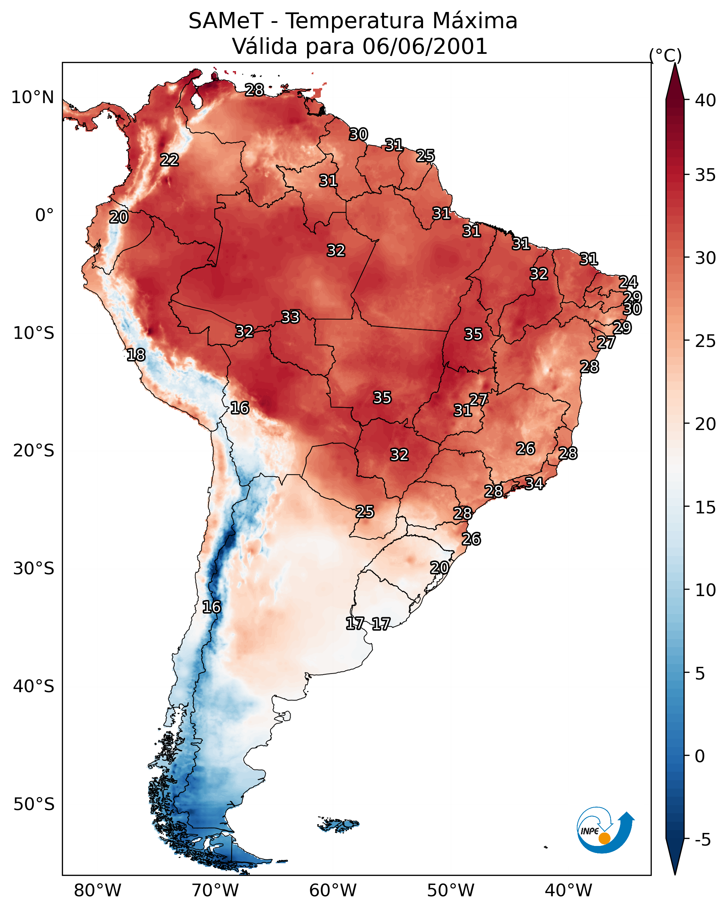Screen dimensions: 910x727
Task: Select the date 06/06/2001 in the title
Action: tap(425, 46)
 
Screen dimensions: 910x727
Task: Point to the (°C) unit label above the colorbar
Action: tap(665, 55)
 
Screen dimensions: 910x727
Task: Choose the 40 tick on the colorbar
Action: tap(706, 100)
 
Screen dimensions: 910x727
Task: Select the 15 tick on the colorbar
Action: tap(706, 507)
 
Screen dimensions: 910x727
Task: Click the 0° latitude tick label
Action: tap(44, 215)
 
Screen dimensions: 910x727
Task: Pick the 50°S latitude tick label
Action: tap(34, 804)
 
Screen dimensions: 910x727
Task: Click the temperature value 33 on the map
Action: tap(290, 317)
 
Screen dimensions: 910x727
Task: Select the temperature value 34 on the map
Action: tap(534, 483)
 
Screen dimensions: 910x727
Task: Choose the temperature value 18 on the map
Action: tap(136, 355)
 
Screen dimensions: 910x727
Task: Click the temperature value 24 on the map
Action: tap(628, 282)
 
